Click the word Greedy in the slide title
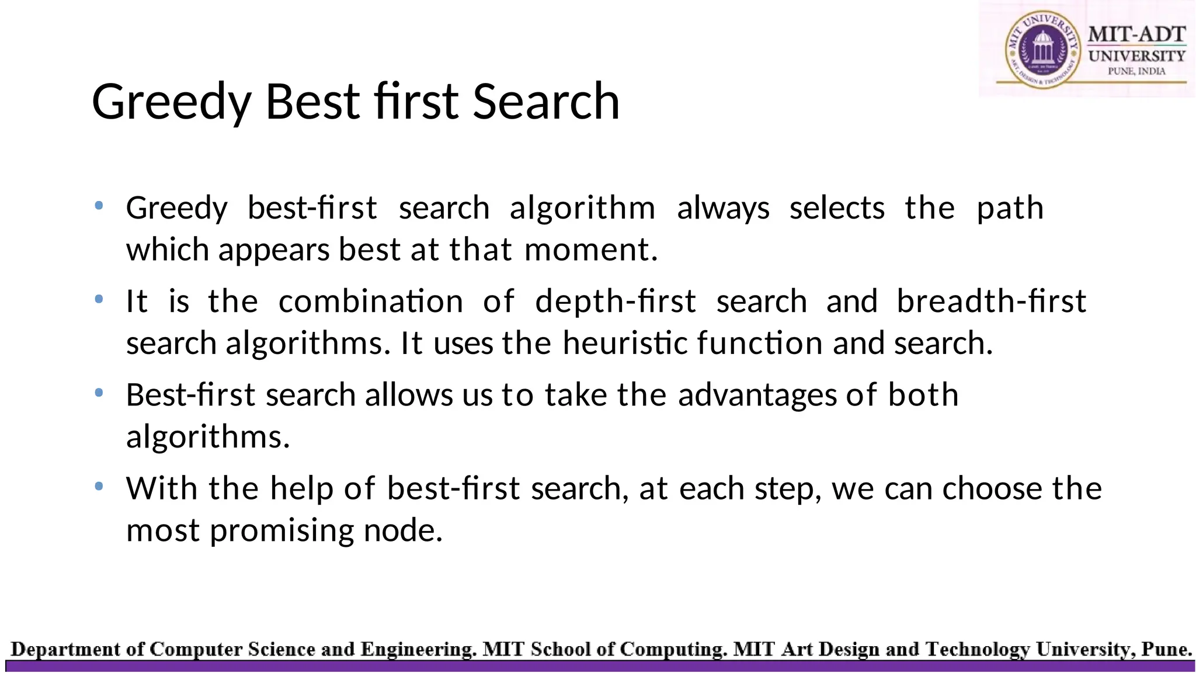pyautogui.click(x=171, y=103)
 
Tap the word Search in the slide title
pyautogui.click(x=546, y=102)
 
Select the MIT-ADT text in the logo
pyautogui.click(x=1136, y=34)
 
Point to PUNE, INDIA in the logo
pyautogui.click(x=1136, y=71)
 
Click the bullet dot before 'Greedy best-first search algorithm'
pyautogui.click(x=99, y=206)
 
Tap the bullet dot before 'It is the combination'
pyautogui.click(x=99, y=299)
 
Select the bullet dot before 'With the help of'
pyautogui.click(x=99, y=486)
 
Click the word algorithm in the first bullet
pyautogui.click(x=582, y=209)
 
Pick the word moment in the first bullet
pyautogui.click(x=591, y=250)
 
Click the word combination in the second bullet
pyautogui.click(x=370, y=302)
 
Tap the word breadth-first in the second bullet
pyautogui.click(x=991, y=302)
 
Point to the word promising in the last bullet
pyautogui.click(x=281, y=531)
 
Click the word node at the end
pyautogui.click(x=403, y=531)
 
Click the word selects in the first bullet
pyautogui.click(x=837, y=209)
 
